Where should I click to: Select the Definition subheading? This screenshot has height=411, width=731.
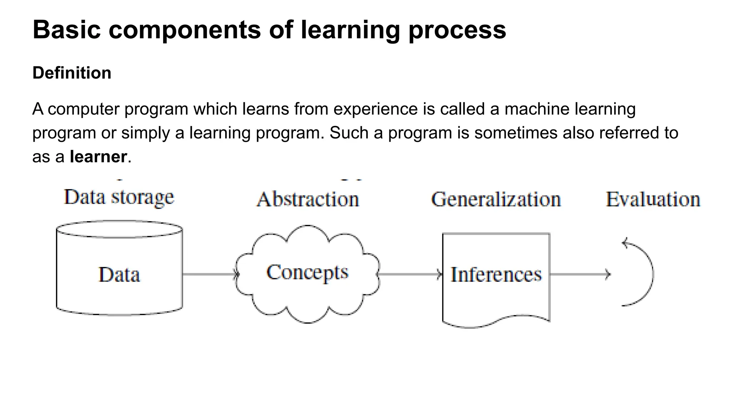click(72, 73)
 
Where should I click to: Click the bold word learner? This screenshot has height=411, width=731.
click(98, 157)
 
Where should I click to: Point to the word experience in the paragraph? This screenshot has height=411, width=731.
click(375, 109)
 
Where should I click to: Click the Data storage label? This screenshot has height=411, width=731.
click(119, 197)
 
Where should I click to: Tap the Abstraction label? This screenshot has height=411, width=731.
click(308, 199)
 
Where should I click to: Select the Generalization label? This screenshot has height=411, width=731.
click(496, 199)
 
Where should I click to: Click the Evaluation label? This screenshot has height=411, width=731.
click(653, 199)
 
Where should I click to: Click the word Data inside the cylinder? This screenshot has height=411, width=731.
click(119, 275)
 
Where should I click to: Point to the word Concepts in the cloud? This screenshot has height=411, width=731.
click(307, 273)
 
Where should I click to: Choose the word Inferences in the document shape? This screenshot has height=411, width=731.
click(496, 275)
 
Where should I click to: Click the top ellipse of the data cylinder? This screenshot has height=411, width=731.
click(119, 229)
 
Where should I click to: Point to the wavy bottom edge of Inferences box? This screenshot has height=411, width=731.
click(496, 322)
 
